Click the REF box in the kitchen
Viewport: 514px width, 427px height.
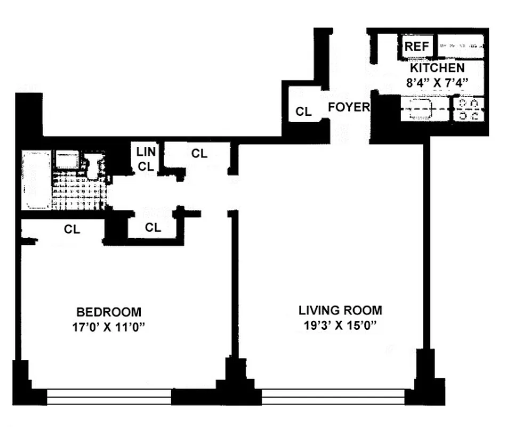tap(417, 46)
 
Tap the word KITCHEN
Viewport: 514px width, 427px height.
tap(437, 68)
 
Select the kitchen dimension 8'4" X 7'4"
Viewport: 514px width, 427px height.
tap(437, 82)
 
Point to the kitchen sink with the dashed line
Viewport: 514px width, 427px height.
tap(424, 109)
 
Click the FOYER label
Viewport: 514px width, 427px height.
tap(348, 107)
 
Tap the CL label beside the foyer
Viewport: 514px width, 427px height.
tap(303, 112)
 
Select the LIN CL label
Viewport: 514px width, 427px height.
tap(146, 159)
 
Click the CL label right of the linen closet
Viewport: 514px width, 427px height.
tap(199, 154)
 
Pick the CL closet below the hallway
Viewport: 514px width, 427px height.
tap(153, 227)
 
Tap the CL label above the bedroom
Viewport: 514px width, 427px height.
tap(72, 230)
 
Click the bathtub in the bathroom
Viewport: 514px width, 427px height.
tap(36, 180)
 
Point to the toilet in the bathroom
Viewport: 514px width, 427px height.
tap(94, 165)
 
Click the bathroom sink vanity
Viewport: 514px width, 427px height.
tap(67, 160)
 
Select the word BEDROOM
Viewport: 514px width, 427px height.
tap(109, 312)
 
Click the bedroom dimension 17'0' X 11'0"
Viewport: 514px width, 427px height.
tap(109, 327)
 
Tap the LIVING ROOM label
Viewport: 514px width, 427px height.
tap(340, 310)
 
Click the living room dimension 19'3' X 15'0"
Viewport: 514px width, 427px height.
tap(340, 325)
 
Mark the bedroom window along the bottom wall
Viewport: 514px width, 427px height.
tap(109, 397)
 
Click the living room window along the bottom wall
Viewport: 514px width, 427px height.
tap(333, 397)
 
